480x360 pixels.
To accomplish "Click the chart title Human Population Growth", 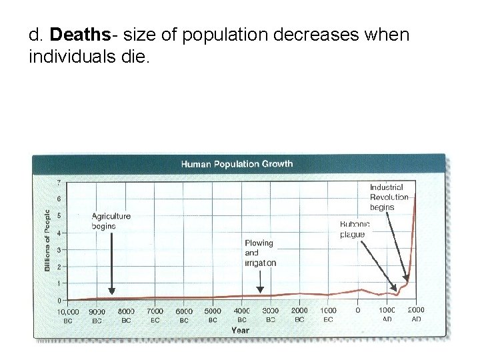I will pos(237,164).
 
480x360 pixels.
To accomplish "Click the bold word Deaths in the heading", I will pos(73,34).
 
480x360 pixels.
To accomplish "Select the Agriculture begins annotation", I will pos(111,221).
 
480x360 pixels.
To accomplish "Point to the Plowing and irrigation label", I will pos(259,253).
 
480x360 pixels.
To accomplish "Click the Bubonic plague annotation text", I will pos(355,229).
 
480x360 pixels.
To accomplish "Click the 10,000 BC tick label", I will pos(67,315).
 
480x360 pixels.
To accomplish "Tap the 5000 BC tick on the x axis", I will pos(213,315).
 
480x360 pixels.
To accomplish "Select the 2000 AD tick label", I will pos(415,314).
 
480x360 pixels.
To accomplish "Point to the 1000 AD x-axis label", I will pos(387,315).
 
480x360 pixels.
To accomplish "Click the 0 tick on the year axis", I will pos(358,311).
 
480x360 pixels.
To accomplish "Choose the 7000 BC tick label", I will pos(155,315).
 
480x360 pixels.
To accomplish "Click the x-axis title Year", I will pos(241,329).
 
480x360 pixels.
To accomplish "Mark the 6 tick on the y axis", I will pos(59,199).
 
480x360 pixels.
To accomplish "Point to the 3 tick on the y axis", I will pos(59,250).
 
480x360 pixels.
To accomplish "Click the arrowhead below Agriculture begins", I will pos(111,290).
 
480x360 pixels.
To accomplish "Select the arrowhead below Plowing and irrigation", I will pos(260,290).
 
